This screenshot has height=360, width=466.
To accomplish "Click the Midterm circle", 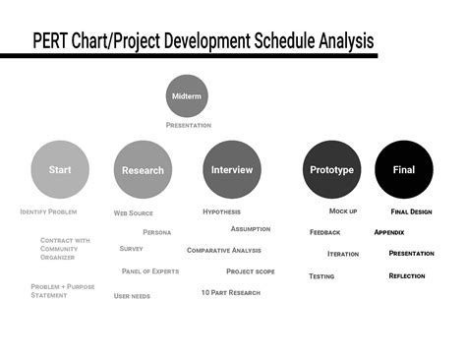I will [187, 96].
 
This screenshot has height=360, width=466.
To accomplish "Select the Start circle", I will [60, 169].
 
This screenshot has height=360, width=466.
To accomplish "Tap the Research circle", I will [143, 169].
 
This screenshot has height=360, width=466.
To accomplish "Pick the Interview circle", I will [232, 169].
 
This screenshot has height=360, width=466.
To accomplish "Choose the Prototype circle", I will [332, 169].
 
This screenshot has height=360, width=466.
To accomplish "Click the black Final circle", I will [404, 169].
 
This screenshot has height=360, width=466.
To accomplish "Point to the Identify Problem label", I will [48, 211].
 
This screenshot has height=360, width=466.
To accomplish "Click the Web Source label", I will [134, 212].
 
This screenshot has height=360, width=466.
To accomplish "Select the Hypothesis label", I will [221, 211].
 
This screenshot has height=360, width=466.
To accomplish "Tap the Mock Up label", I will [343, 211].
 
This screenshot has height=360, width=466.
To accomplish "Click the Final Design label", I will [411, 211].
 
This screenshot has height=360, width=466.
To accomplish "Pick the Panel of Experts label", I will [150, 270].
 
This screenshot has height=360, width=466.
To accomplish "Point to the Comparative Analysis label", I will [224, 250].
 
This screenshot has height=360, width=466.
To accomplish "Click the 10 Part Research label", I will [231, 292].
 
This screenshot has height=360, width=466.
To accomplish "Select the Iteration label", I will [343, 254].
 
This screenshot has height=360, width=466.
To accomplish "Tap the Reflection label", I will [407, 275].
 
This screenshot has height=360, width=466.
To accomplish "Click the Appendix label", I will [389, 232].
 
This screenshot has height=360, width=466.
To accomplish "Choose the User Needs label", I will [132, 295].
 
